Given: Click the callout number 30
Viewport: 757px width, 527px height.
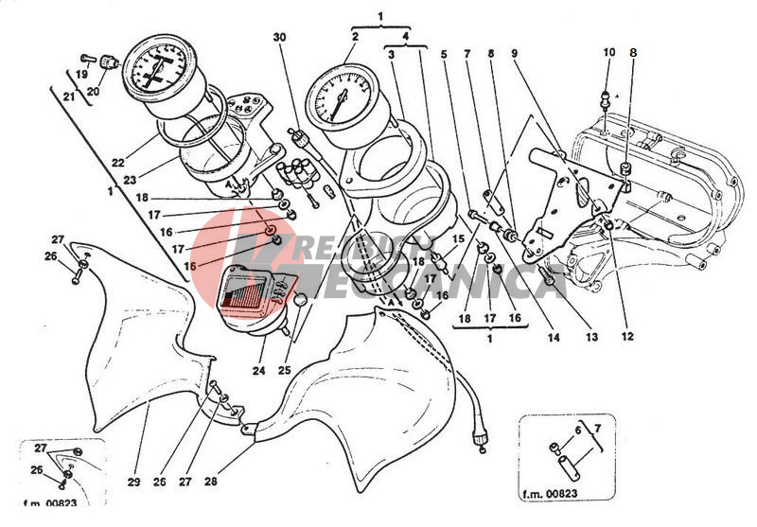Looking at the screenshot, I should [x=278, y=37].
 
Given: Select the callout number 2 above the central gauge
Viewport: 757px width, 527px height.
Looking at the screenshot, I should [x=355, y=37].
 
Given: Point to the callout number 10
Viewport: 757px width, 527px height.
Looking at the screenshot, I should [x=608, y=52].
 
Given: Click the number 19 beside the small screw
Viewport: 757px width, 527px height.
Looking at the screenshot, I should [x=82, y=73].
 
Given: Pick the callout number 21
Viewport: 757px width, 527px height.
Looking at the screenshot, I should [x=68, y=97].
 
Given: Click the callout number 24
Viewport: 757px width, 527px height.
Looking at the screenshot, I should [x=259, y=371].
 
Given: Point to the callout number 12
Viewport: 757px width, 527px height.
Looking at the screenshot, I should [x=627, y=336].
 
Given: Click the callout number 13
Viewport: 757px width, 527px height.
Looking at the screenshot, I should [x=592, y=336].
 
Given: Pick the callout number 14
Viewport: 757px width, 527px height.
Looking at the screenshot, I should [x=554, y=336].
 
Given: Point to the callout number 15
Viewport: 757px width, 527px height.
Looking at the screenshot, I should [x=458, y=240].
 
